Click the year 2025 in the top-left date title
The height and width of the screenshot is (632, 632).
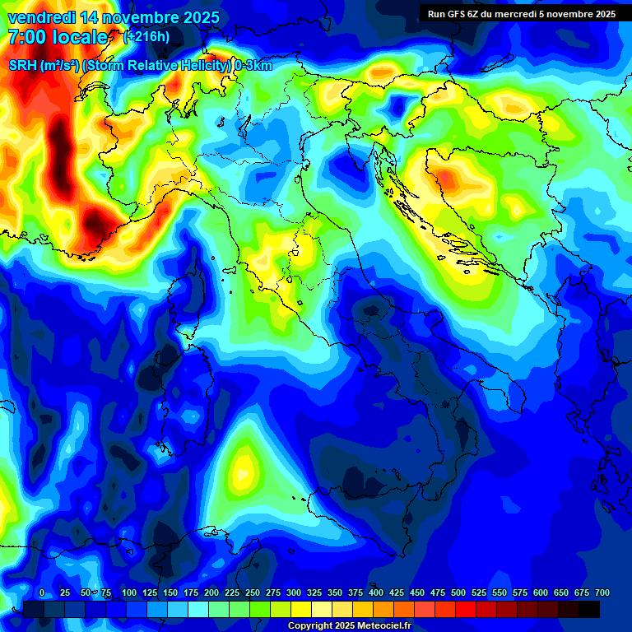197,17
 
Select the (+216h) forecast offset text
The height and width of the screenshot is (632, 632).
149,37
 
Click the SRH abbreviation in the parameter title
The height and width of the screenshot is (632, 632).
24,66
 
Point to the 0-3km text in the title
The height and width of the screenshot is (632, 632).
253,66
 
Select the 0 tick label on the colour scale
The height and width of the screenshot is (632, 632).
42,592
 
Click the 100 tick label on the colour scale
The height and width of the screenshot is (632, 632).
129,592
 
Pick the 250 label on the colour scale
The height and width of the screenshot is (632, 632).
253,592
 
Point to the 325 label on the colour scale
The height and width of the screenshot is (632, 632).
314,592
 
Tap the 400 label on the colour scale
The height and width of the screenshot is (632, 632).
376,592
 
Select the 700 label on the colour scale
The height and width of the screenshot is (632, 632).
602,592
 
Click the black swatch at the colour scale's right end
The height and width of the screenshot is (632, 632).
589,610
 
